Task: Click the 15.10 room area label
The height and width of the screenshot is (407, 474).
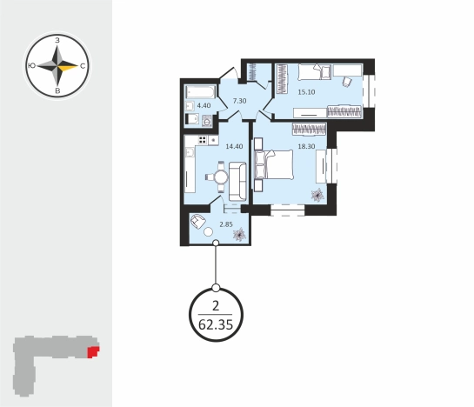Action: coord(306,92)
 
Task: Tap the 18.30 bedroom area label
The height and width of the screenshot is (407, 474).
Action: coord(306,146)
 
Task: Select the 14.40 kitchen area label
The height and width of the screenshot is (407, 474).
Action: coord(234,146)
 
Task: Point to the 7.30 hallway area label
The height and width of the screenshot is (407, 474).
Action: coord(239,101)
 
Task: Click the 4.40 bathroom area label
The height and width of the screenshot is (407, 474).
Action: coord(204,105)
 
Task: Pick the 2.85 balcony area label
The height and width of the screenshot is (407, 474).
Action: coord(226,224)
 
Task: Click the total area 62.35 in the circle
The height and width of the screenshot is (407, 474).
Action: coord(216,325)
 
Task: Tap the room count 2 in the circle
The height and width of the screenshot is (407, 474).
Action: coord(216,306)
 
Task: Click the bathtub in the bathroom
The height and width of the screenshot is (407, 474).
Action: coord(200,92)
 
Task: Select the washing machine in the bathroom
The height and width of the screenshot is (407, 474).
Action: coord(207,121)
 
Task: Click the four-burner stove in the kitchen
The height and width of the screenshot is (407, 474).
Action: coord(203,140)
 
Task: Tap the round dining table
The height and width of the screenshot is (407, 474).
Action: coord(221,177)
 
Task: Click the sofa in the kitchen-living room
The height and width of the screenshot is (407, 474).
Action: coord(237,182)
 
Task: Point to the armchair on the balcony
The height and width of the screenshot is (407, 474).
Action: coord(197,221)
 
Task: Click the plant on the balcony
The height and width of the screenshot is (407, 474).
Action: coord(239,235)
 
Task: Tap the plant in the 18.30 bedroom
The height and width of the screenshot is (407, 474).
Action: coord(317,195)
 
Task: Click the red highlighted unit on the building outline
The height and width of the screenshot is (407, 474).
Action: coord(93,352)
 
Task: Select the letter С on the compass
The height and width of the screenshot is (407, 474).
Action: coord(83,66)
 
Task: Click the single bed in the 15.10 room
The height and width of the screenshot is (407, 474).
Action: coord(315,72)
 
